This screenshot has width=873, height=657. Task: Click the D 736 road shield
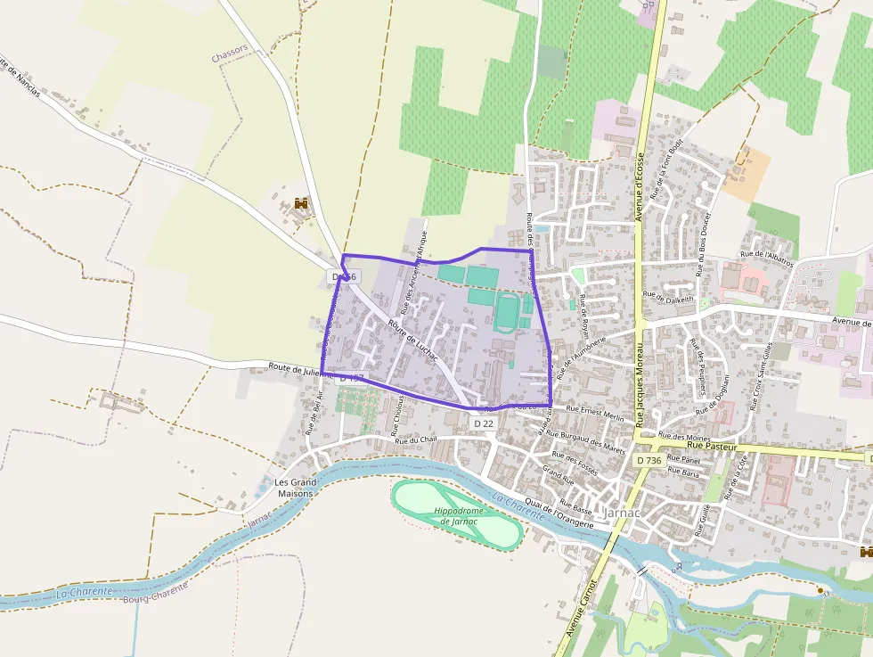click(x=649, y=460)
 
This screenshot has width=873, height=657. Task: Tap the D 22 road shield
click(x=483, y=423)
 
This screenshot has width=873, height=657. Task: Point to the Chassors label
click(x=229, y=57)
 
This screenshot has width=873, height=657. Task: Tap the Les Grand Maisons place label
click(x=296, y=488)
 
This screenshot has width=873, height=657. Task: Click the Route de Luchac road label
click(x=412, y=339)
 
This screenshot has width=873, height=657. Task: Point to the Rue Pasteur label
click(x=713, y=446)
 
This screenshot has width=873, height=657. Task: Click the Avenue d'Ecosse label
click(x=640, y=186)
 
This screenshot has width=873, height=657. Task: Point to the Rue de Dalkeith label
click(x=667, y=296)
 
